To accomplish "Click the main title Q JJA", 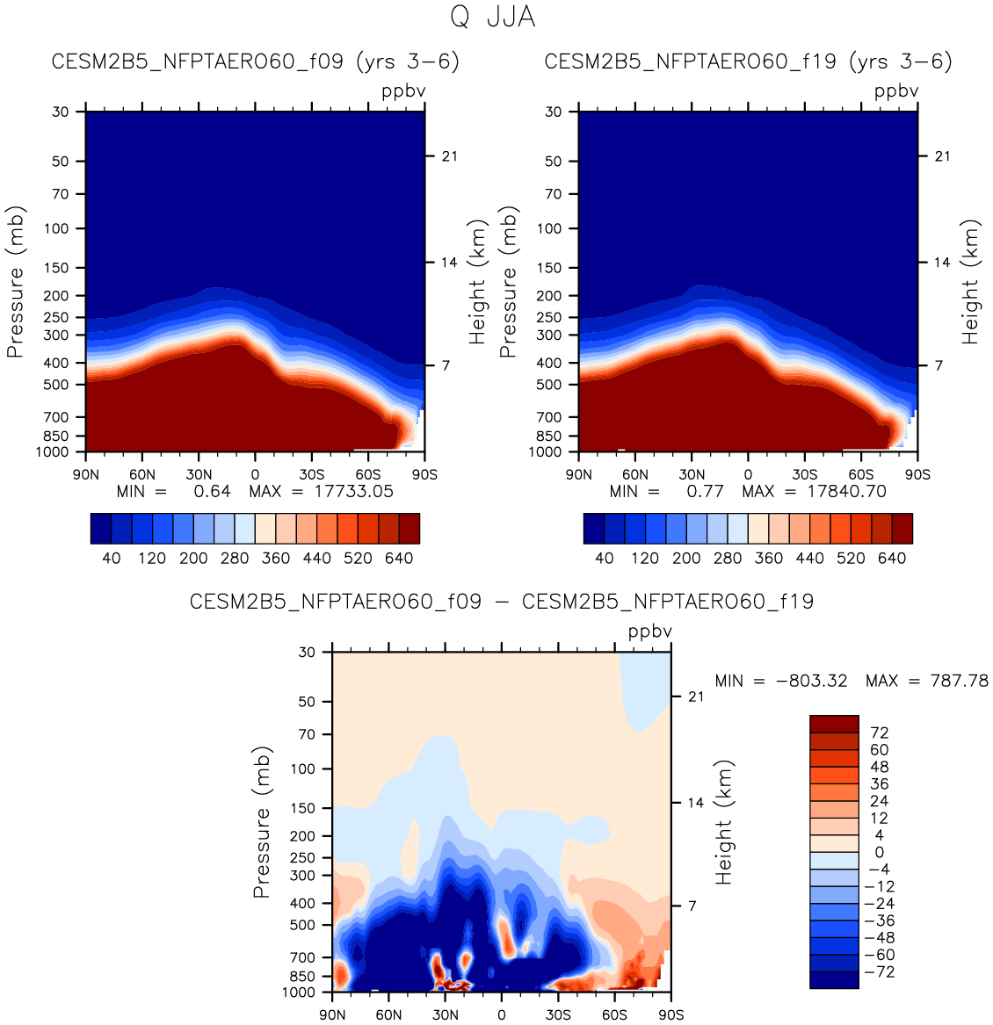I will [x=492, y=18].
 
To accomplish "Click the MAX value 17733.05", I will [x=353, y=491].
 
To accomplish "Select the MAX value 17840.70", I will [x=846, y=491].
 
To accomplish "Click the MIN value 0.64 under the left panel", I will [x=212, y=491].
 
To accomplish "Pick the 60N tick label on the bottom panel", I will [x=388, y=1014].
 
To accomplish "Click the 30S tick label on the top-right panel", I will [x=804, y=474].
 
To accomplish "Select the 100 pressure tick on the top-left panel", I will [x=56, y=228].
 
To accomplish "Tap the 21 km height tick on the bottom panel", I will [x=696, y=697].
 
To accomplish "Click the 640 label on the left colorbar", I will [x=399, y=558].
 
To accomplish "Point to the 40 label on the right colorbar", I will [x=605, y=558].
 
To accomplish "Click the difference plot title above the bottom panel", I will [x=502, y=602].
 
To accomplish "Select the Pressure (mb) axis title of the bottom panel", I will [x=261, y=822].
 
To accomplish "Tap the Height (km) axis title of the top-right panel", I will [x=970, y=282].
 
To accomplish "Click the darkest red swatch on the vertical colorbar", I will [x=834, y=724].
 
